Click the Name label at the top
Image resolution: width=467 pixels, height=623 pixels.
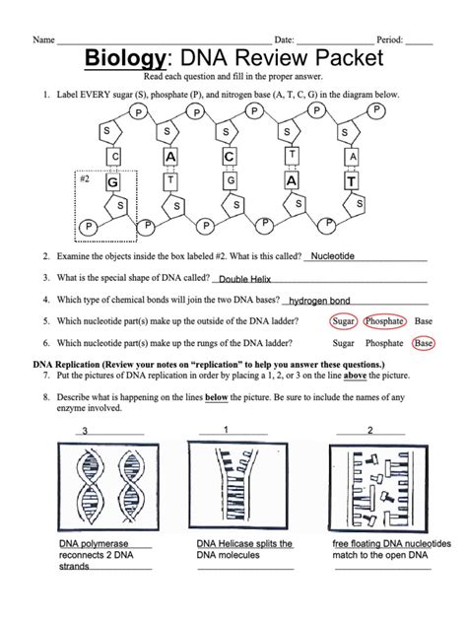click(x=43, y=39)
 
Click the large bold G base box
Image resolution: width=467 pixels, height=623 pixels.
click(x=113, y=182)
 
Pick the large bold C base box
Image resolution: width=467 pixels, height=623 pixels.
click(x=230, y=157)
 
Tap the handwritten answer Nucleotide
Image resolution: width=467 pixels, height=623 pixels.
click(x=339, y=254)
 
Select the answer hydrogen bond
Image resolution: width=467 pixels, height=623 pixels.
click(x=319, y=301)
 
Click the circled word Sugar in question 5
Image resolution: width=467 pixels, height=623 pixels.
click(x=343, y=321)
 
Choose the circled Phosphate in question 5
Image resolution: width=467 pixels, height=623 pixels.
click(x=383, y=321)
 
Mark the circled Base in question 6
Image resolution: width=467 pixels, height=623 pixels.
click(x=424, y=343)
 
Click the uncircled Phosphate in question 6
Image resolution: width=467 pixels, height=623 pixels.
click(x=383, y=343)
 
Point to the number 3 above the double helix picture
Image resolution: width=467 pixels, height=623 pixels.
click(x=85, y=431)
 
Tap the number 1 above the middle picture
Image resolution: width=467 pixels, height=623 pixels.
click(x=226, y=430)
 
